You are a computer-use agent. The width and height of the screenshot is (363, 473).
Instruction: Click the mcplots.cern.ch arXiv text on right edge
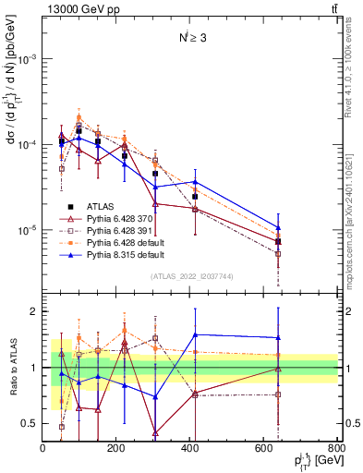356,212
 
